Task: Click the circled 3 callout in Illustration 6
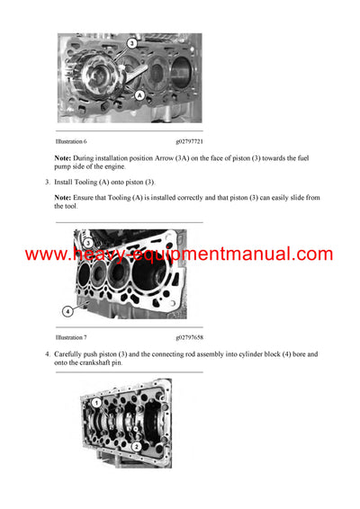click(x=131, y=43)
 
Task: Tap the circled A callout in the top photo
click(x=140, y=94)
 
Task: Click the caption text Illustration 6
click(x=71, y=141)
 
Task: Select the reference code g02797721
click(x=190, y=141)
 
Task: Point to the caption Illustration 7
click(x=71, y=336)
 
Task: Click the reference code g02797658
click(x=190, y=336)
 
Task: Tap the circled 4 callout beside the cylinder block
click(x=67, y=311)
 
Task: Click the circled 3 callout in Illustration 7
click(x=87, y=243)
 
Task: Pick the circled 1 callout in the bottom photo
click(x=96, y=403)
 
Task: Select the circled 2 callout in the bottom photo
click(x=135, y=445)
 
